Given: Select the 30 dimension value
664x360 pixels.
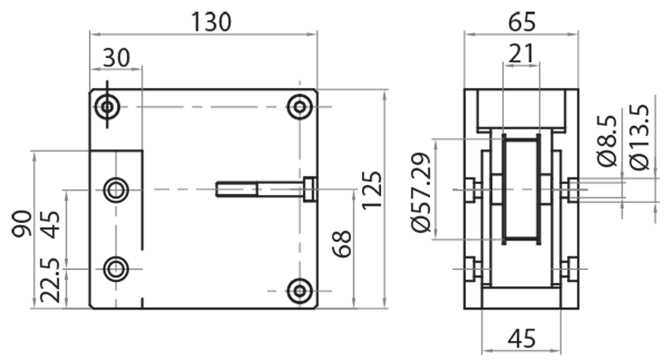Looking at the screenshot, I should (117, 58).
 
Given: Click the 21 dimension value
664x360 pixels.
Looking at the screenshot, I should (520, 55).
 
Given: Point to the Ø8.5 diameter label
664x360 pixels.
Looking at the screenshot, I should (606, 142).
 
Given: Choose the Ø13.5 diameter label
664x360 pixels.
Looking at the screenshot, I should (637, 138).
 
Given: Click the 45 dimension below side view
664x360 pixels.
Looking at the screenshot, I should (520, 338).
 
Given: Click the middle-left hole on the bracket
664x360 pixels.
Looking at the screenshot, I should (116, 190).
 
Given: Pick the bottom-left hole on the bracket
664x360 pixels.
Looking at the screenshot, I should (116, 269).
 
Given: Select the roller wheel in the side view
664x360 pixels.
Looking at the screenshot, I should (520, 190).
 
